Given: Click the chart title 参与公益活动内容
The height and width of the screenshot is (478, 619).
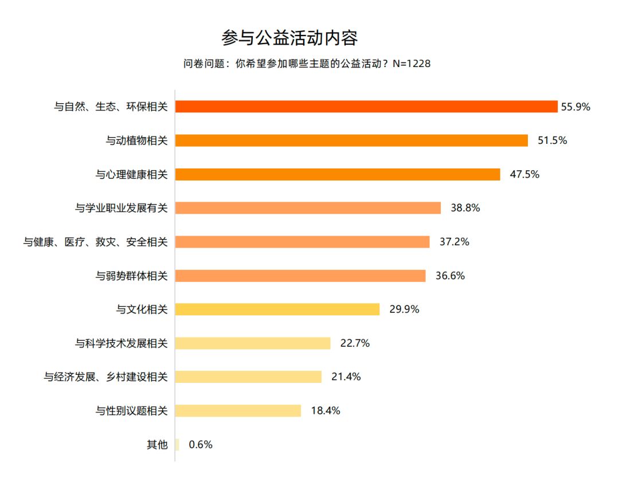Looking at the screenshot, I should coord(289,38).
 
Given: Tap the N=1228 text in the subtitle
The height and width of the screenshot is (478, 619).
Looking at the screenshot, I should coord(411,64).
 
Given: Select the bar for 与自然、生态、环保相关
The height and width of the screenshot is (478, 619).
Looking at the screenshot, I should coord(366,107).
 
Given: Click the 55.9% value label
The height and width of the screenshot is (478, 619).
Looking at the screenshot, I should coord(575,107).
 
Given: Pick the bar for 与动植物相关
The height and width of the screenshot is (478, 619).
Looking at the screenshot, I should coord(351,140).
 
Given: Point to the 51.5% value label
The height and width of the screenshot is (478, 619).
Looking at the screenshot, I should coord(552,140).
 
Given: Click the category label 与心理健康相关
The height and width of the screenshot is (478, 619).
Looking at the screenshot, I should coord(131,174).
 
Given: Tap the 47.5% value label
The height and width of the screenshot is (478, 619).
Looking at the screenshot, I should coord(524,174).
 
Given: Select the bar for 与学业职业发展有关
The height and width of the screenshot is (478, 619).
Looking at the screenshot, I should coord(308,208).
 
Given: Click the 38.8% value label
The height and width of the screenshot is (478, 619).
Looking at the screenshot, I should coord(465,208).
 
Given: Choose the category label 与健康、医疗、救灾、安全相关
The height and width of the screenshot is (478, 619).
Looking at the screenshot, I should coord(95,242).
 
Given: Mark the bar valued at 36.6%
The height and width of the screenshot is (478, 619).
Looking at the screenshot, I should coord(300,276).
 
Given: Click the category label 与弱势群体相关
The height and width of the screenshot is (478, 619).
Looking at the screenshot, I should coord(131,276).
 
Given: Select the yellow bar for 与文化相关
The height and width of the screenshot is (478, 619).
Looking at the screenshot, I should coord(277,309).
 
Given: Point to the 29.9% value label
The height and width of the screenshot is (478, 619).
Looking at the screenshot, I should coord(404,309).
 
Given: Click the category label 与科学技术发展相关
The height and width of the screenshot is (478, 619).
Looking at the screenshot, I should coord(121,343).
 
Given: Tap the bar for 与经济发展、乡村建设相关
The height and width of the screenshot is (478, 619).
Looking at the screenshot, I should coord(248,377).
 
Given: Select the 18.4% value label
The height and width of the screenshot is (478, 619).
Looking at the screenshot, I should coord(325,410).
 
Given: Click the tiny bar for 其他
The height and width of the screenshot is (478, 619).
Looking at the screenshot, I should coord(177,444).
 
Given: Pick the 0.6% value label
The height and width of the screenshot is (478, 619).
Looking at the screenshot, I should coord(201,444).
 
